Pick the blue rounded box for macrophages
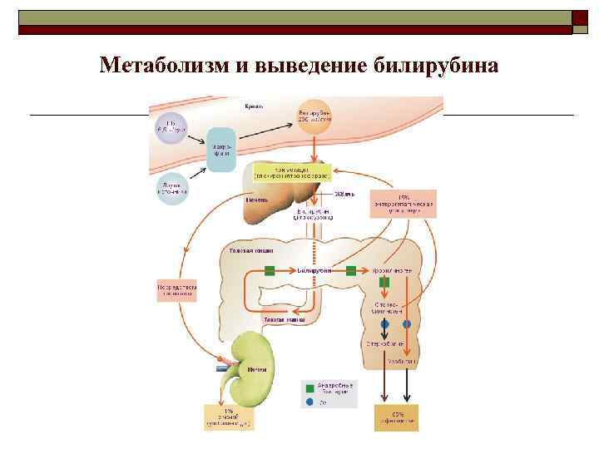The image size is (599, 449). [222, 149]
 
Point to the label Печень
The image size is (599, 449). [256, 200]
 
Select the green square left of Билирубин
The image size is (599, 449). [270, 270]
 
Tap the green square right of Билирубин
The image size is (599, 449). [351, 270]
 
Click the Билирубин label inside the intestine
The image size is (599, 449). [314, 270]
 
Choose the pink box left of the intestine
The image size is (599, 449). [176, 289]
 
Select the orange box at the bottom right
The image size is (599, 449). [396, 417]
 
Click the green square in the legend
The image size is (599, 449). [310, 387]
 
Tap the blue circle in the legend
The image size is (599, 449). [310, 401]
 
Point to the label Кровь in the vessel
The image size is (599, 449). [254, 106]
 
